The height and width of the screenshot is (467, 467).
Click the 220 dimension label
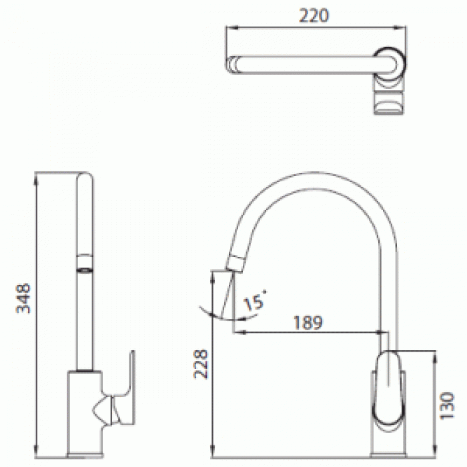(x=314, y=16)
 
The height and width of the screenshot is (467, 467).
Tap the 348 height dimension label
(x=23, y=298)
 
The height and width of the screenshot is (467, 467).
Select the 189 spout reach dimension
(x=308, y=322)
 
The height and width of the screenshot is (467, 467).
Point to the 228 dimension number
(x=201, y=364)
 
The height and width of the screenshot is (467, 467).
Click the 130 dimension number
(x=448, y=406)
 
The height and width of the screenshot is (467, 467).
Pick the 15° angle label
(x=254, y=300)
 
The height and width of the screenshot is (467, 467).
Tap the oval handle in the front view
(x=389, y=387)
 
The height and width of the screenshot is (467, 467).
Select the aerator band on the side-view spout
(x=85, y=264)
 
